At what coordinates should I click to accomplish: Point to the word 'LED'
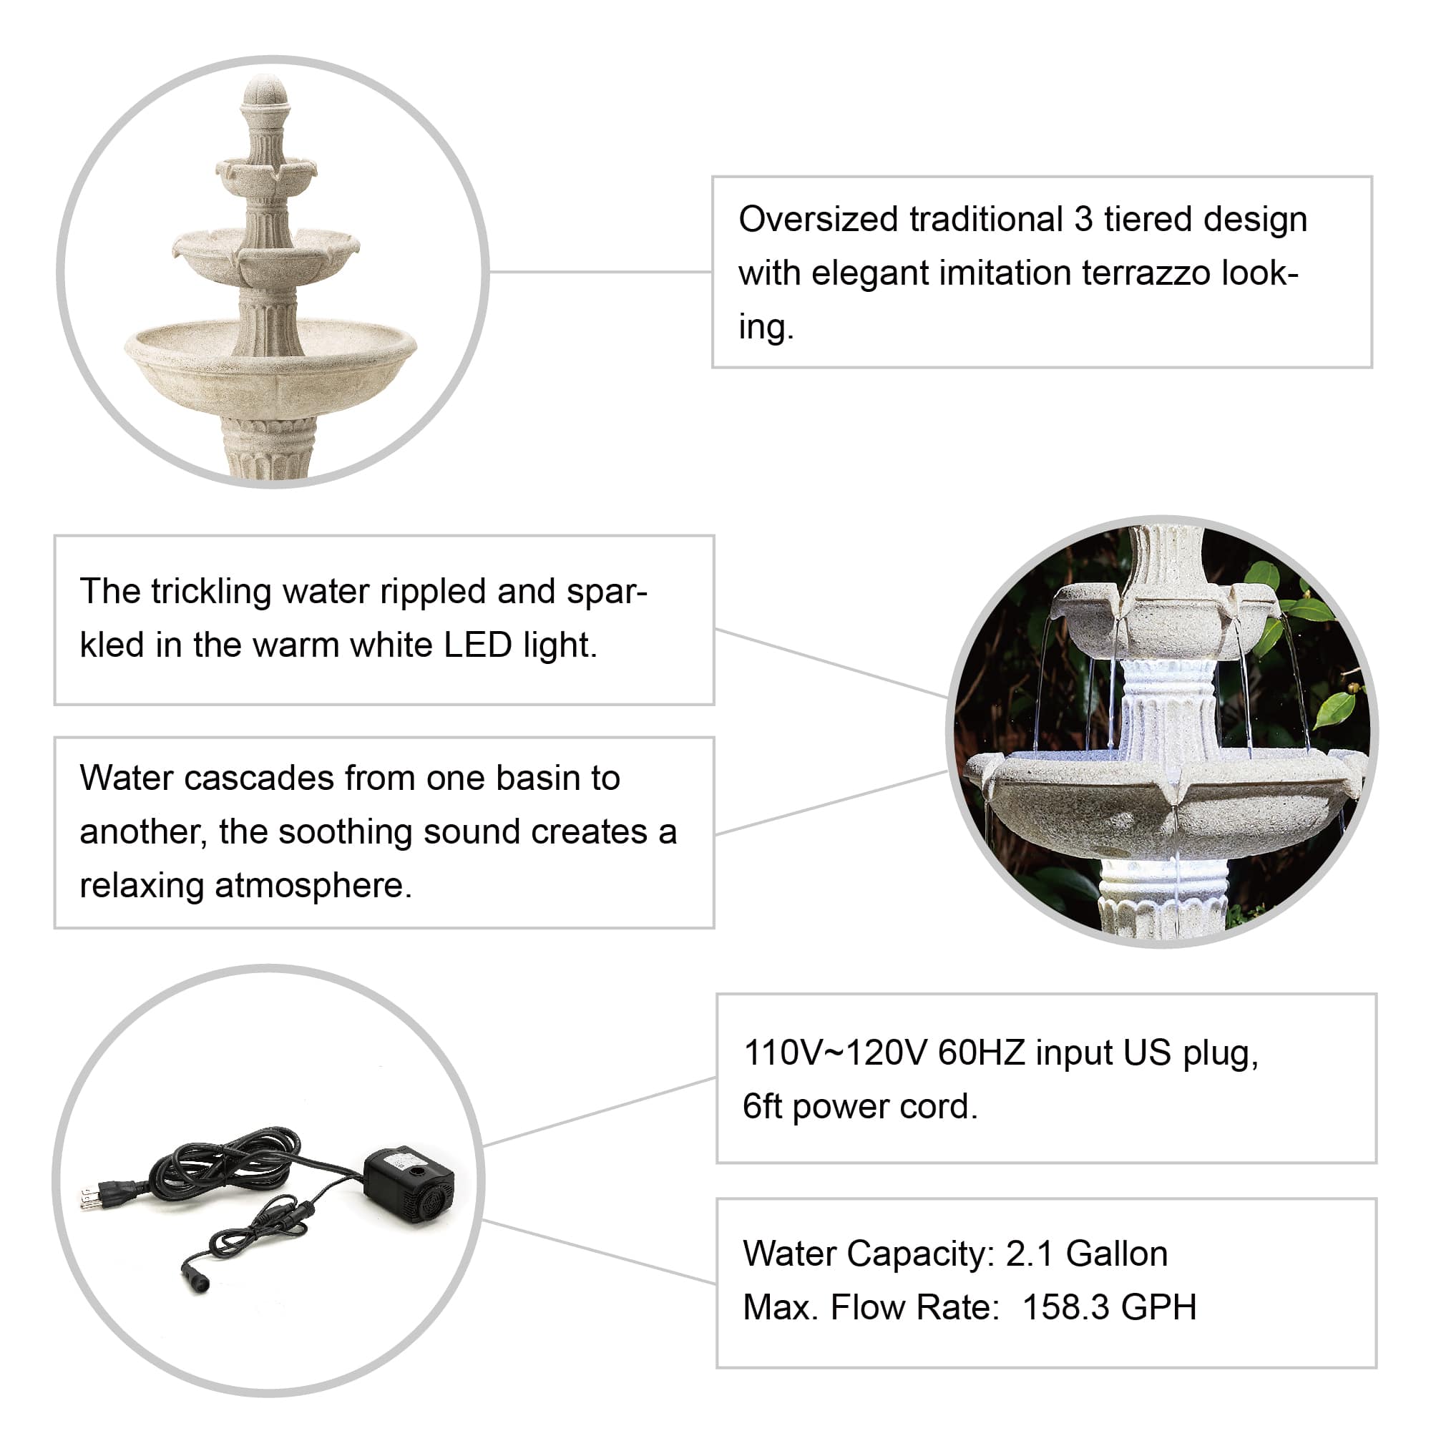[x=478, y=645]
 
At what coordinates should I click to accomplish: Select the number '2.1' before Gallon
[x=1029, y=1255]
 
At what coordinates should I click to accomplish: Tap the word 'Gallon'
[x=1116, y=1255]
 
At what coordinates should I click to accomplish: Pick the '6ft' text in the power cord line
[x=762, y=1108]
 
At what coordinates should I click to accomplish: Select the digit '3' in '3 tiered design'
[x=1083, y=220]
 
